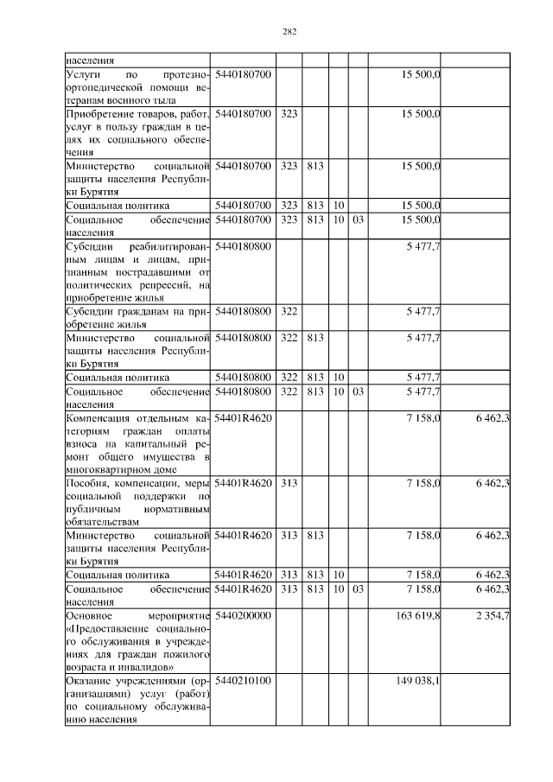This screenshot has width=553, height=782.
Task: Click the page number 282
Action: tap(289, 33)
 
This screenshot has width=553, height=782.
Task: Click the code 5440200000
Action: tap(242, 616)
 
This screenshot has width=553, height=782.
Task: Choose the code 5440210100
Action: tap(242, 681)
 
